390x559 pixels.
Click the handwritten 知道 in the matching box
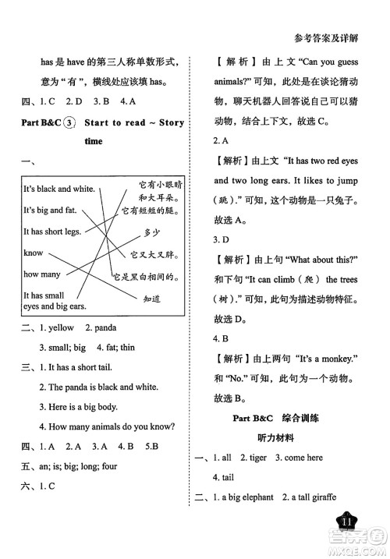point(151,298)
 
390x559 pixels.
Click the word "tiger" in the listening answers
point(263,458)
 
